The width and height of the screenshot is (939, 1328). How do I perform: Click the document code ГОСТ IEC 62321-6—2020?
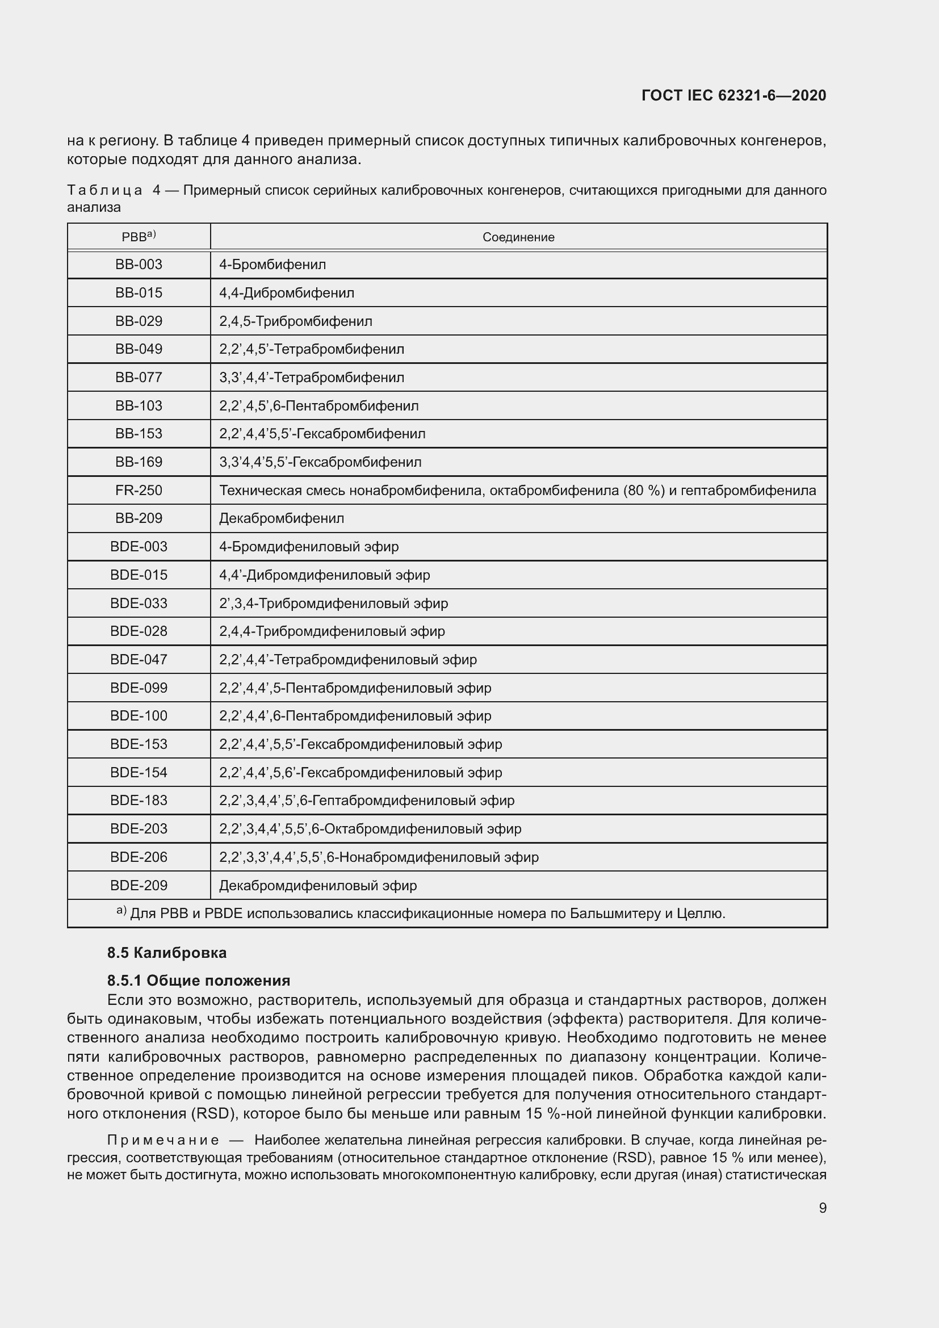click(733, 95)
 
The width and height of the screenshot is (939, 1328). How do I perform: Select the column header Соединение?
click(518, 237)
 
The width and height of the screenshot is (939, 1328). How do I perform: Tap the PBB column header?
click(139, 237)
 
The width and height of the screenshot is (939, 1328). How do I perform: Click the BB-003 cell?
click(139, 265)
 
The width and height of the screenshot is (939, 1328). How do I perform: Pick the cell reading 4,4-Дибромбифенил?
click(287, 293)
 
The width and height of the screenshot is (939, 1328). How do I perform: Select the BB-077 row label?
click(139, 378)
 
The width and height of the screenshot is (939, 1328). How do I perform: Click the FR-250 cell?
click(139, 491)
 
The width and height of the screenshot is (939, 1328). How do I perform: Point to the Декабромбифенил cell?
click(282, 518)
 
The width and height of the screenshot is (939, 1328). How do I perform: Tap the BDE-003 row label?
click(139, 547)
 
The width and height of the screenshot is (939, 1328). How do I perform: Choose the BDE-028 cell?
click(139, 631)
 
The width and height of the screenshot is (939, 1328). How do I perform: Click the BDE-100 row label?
click(139, 716)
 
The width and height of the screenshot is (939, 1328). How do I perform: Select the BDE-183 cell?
click(139, 801)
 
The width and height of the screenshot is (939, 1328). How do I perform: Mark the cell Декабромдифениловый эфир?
click(318, 886)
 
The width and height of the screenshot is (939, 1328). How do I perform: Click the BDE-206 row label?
click(139, 857)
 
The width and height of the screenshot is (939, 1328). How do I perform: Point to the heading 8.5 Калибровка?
click(166, 953)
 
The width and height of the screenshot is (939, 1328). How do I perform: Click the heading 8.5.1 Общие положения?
click(198, 981)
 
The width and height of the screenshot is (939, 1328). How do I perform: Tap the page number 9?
click(822, 1208)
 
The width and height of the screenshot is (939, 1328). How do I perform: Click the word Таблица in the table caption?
click(104, 190)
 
